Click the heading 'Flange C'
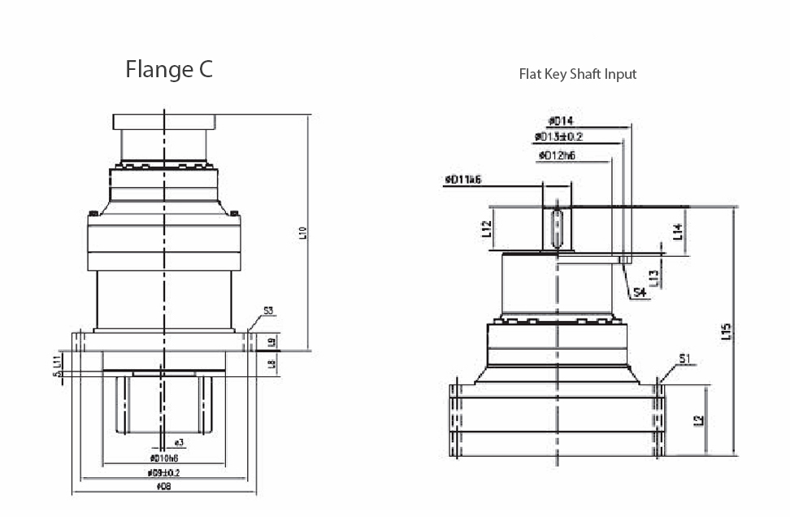[169, 70]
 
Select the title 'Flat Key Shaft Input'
[577, 74]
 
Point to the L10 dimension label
[302, 233]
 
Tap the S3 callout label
[268, 311]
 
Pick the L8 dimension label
[272, 363]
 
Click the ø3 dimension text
[178, 442]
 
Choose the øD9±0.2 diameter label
[163, 472]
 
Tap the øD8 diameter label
[163, 486]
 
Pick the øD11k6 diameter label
[463, 179]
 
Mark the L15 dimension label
[727, 332]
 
